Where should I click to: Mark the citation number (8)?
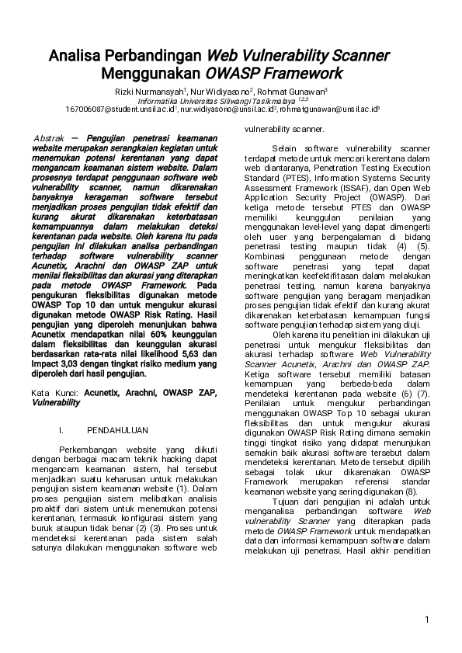click(x=412, y=491)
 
